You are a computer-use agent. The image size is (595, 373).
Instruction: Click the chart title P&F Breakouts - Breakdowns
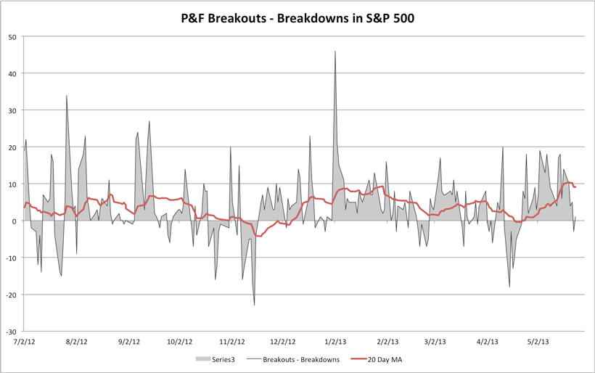pyautogui.click(x=297, y=17)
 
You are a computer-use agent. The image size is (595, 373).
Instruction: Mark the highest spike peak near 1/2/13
pyautogui.click(x=335, y=52)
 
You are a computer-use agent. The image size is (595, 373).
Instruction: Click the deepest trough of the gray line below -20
pyautogui.click(x=255, y=305)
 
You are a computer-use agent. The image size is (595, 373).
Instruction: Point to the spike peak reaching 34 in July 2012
pyautogui.click(x=67, y=96)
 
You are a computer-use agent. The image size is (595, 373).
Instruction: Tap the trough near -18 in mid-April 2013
pyautogui.click(x=509, y=287)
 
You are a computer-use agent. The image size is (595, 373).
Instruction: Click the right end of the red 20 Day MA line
pyautogui.click(x=575, y=187)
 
